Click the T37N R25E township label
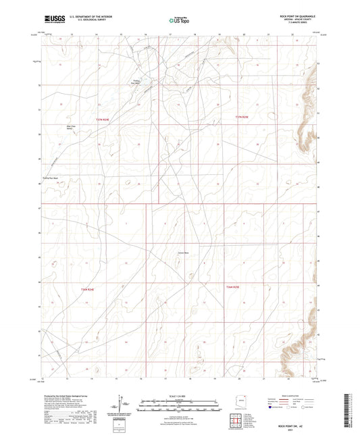[242, 117]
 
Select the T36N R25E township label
[232, 288]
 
